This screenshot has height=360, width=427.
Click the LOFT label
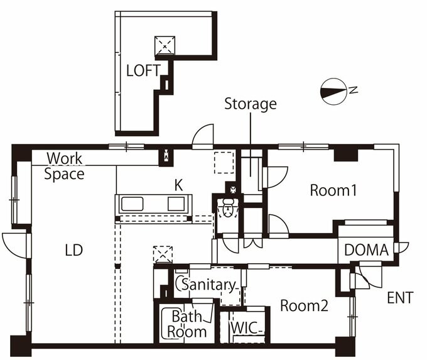(143, 70)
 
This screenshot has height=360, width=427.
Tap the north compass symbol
(334, 90)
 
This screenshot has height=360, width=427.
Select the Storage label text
(250, 104)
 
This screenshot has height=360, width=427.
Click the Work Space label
(65, 166)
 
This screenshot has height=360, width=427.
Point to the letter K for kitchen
(178, 185)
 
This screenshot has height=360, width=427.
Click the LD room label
(74, 250)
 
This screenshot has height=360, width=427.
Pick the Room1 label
(333, 190)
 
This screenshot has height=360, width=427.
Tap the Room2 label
(304, 306)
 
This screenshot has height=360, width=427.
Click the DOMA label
(366, 250)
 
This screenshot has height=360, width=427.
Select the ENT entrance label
(400, 298)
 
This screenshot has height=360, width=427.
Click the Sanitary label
(207, 285)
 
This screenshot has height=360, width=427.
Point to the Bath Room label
(186, 324)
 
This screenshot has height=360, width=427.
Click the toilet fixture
(228, 207)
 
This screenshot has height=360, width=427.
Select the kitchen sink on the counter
(133, 204)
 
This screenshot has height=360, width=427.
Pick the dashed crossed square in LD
(163, 254)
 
